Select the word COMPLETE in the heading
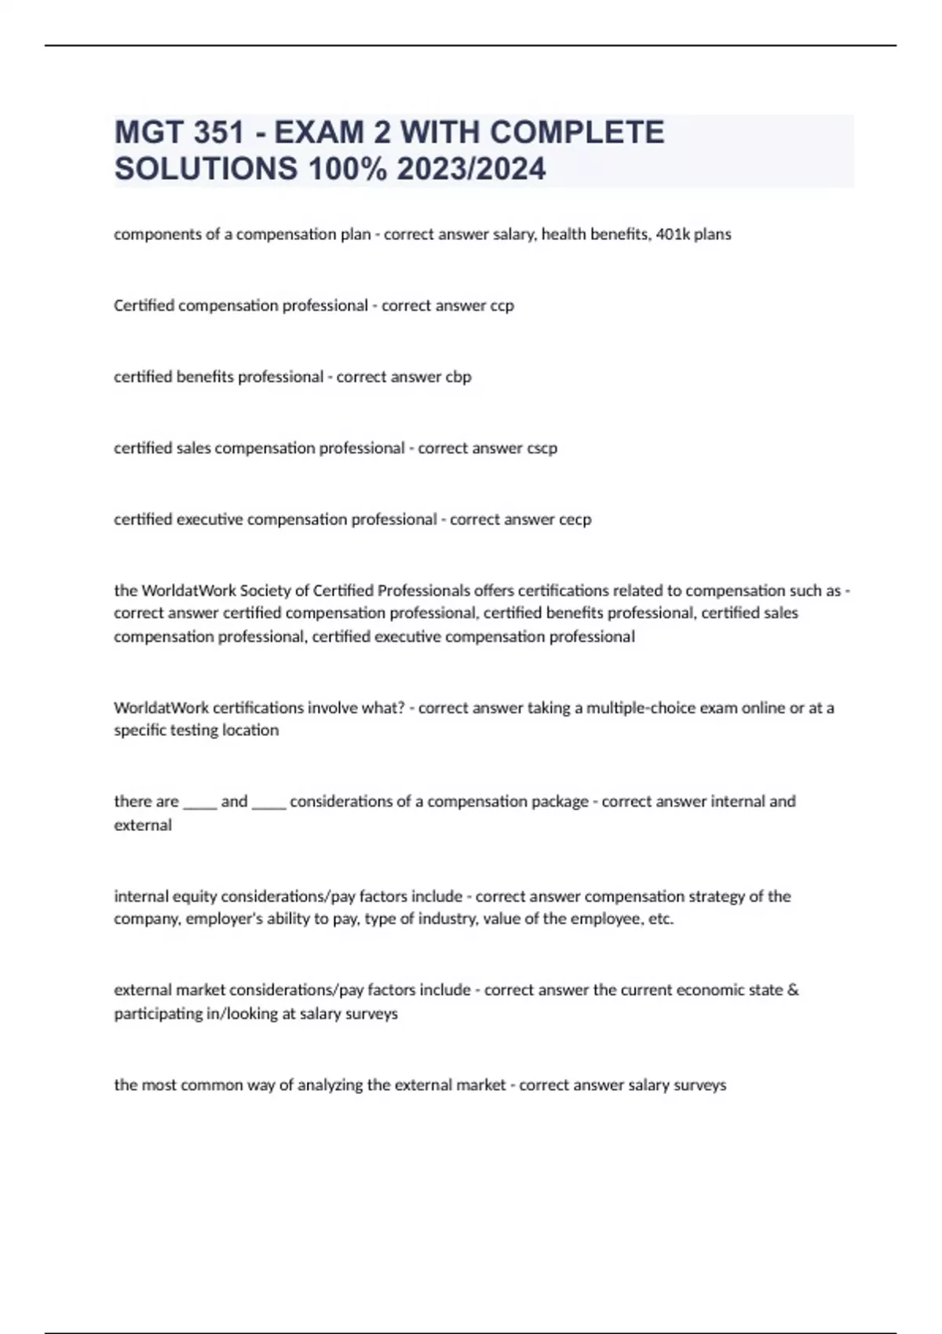pyautogui.click(x=577, y=133)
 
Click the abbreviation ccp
pyautogui.click(x=502, y=305)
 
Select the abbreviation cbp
pyautogui.click(x=458, y=377)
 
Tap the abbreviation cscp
pyautogui.click(x=542, y=448)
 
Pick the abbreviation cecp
pyautogui.click(x=575, y=519)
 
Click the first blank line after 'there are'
pyautogui.click(x=200, y=802)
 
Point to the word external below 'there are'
pyautogui.click(x=143, y=825)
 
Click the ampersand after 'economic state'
pyautogui.click(x=793, y=990)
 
